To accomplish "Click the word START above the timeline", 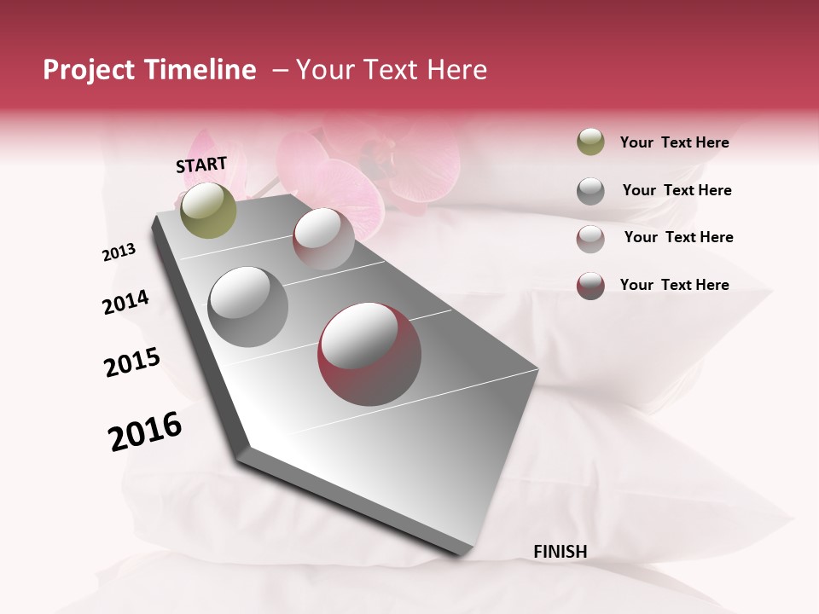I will point(201,165).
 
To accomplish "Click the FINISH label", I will point(560,552).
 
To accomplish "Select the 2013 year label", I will point(119,252).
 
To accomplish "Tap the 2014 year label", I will point(125,302).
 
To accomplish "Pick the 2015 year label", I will point(132,362).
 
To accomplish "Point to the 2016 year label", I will point(145,431).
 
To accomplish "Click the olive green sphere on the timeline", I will point(208,210).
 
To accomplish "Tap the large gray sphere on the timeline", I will point(248,307).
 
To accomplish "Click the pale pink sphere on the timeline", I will point(323,239).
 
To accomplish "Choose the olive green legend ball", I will point(590,142).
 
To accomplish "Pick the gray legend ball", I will point(590,191).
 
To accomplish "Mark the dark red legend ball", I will point(590,286).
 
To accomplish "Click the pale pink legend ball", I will point(590,239).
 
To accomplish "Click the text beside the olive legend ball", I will point(674,143).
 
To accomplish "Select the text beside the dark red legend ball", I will point(674,285).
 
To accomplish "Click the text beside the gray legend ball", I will point(677,190).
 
